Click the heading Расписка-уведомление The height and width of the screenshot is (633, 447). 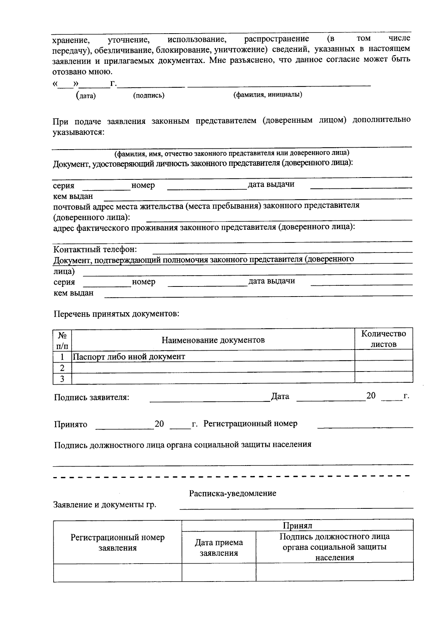pos(232,493)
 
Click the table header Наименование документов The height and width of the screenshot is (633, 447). pos(213,340)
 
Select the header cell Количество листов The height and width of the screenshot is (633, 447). pos(383,339)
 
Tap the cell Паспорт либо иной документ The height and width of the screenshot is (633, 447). pos(129,356)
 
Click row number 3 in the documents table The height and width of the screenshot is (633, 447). pos(62,379)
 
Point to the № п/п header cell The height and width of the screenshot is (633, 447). pos(62,340)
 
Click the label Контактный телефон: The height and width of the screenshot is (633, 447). pos(95,249)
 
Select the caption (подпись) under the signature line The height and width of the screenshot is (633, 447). pos(149,95)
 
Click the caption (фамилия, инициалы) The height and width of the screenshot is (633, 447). pos(267,95)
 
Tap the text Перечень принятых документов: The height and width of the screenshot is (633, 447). pos(117,314)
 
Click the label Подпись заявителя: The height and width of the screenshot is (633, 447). pos(92,397)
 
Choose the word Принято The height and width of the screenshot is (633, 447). pos(70,424)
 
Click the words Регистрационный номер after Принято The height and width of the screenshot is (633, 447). pos(250,423)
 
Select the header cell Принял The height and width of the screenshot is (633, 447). pos(297,525)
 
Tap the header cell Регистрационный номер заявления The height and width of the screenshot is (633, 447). pos(117,542)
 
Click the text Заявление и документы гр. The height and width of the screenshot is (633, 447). pos(105,505)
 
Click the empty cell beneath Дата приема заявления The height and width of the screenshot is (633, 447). pos(219,572)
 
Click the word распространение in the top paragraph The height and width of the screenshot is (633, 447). pos(276,39)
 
